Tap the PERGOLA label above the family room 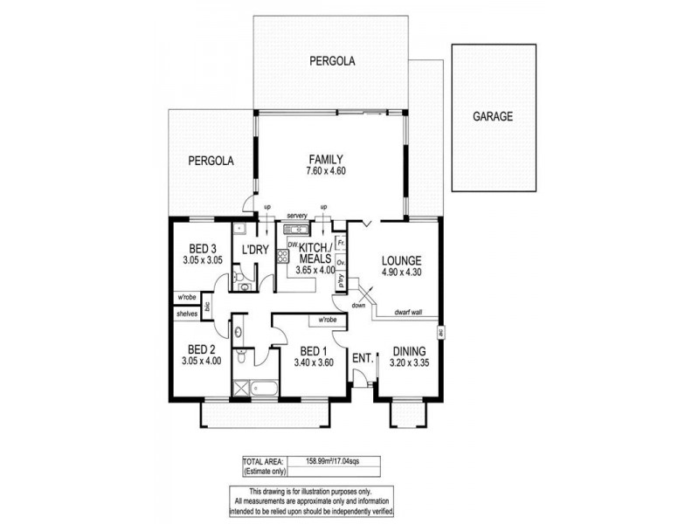coord(331,61)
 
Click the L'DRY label coord(253,251)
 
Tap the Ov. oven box coord(342,261)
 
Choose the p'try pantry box coord(342,281)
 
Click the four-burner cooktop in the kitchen coord(282,258)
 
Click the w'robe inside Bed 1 coord(329,320)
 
